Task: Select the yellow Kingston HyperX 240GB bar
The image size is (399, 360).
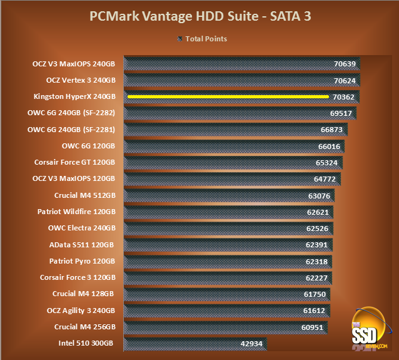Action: (228, 96)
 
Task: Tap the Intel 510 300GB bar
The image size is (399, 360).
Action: (188, 343)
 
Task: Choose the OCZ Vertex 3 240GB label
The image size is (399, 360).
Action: (81, 80)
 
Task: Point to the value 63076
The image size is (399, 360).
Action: (321, 195)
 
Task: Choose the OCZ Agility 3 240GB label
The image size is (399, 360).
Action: (81, 310)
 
